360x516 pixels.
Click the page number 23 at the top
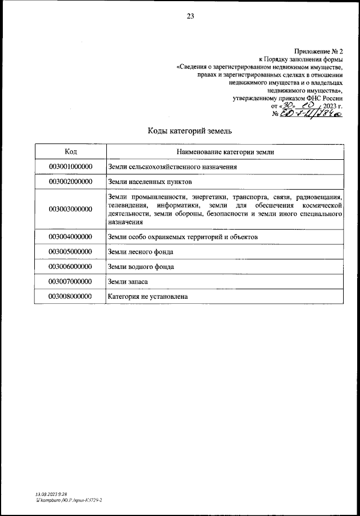click(190, 16)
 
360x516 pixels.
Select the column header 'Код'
click(70, 152)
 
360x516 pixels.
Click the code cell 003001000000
click(70, 167)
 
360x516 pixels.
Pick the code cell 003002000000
click(70, 182)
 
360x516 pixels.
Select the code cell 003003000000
click(70, 209)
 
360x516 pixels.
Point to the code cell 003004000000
click(70, 237)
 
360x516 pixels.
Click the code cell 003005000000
click(70, 252)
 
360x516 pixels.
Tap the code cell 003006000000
click(70, 266)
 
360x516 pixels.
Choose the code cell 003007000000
click(70, 281)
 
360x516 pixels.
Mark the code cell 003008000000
click(70, 295)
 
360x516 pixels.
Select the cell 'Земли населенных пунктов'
click(150, 182)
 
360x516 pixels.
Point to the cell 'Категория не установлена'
click(147, 295)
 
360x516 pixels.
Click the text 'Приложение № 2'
click(318, 51)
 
